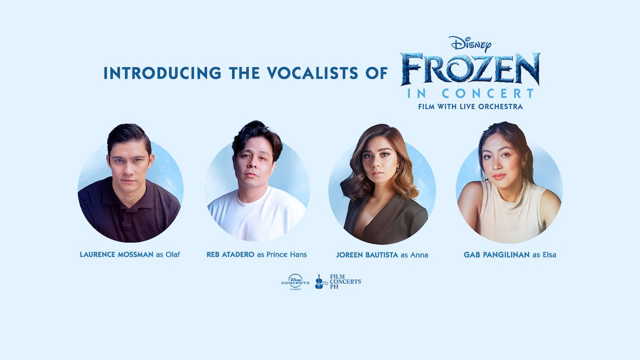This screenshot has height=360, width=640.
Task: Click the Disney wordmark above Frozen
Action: click(470, 44)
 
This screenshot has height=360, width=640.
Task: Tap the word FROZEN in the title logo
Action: click(470, 69)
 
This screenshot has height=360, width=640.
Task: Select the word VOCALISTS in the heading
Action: click(313, 73)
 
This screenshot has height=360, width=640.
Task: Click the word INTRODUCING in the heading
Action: click(162, 73)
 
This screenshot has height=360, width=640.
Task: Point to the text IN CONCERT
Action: click(470, 93)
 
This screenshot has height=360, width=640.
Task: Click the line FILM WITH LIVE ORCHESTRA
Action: click(470, 107)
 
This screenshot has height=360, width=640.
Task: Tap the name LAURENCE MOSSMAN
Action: click(117, 254)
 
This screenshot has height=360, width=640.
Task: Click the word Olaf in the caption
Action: click(173, 254)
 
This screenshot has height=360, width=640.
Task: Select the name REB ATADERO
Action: click(230, 254)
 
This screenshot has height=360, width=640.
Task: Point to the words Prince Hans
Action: click(286, 254)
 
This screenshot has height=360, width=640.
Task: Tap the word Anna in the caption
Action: click(419, 255)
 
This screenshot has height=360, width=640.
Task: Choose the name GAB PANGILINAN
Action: click(497, 255)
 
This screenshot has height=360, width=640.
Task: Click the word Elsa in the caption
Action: click(549, 255)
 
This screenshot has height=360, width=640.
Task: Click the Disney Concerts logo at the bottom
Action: click(295, 282)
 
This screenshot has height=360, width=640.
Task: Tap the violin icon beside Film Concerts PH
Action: click(319, 282)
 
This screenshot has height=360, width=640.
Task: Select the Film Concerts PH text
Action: click(345, 282)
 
